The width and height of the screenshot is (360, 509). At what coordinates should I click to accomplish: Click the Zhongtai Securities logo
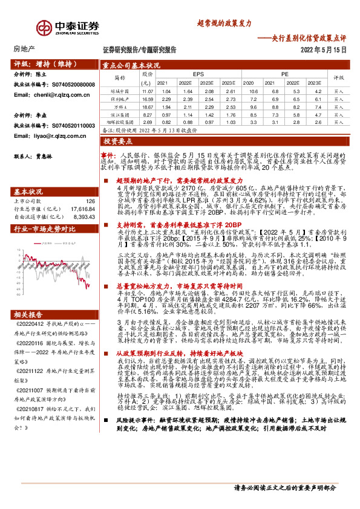point(67,28)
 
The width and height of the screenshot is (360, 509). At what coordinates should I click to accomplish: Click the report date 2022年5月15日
point(324,50)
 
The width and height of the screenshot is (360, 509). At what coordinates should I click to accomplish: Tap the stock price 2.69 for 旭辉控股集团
point(148,122)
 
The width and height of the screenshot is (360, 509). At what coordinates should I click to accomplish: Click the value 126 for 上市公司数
point(91,201)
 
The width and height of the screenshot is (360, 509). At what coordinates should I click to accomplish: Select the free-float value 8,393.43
point(85,216)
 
